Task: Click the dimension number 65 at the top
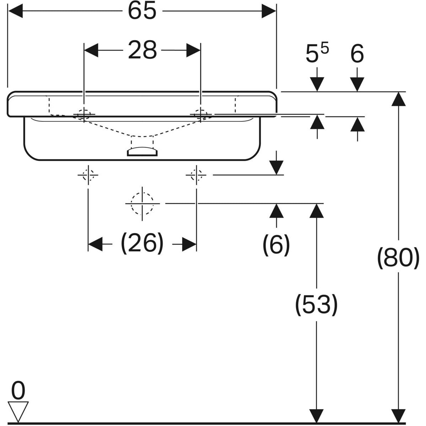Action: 142,11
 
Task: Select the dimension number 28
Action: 142,50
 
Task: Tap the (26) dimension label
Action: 142,244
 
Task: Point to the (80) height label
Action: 398,258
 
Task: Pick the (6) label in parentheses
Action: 276,245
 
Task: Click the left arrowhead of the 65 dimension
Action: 15,11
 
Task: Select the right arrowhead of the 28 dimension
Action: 193,50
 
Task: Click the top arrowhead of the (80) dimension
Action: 398,99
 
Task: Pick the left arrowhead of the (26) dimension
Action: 95,244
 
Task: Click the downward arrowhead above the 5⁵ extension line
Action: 317,84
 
